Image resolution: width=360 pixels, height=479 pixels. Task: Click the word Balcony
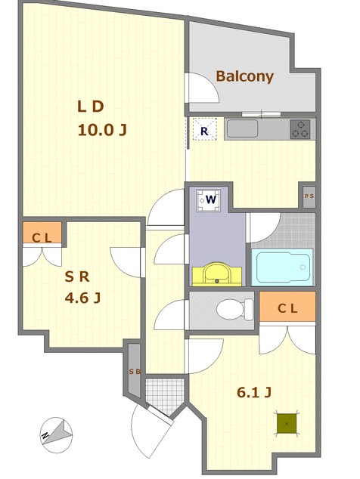coord(245,76)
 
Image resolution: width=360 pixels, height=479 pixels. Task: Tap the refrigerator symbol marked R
coord(205,129)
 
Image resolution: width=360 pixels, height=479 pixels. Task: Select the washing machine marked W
coord(208,200)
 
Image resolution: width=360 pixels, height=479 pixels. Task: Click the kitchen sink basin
coord(242,128)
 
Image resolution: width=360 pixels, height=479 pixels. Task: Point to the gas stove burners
coord(300,129)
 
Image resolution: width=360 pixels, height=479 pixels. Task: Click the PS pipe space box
coord(309,196)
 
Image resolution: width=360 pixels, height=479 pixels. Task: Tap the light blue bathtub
coord(282,267)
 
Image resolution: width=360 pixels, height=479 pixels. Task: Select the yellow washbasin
coord(217,273)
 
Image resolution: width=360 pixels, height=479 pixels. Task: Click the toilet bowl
coord(234,310)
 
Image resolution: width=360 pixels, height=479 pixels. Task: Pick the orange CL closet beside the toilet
coord(287,307)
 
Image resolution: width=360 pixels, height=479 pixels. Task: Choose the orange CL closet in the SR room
coord(42,233)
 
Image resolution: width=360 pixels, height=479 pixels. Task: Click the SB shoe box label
coord(135,372)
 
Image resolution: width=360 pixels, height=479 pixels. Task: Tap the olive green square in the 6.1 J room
coord(287,423)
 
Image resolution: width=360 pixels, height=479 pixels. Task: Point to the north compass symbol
coord(56,435)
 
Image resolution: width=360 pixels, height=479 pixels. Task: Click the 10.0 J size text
coord(102,130)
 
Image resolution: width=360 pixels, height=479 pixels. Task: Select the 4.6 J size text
coord(82,298)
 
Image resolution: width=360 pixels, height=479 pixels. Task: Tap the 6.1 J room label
coord(254,393)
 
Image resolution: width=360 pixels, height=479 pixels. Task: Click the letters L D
coord(91,107)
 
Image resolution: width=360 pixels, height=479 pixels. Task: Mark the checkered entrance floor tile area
coord(165,396)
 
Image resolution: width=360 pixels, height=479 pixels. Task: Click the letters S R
coord(77,277)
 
